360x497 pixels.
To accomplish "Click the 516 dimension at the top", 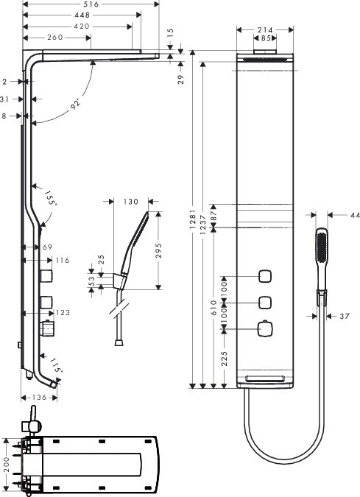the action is coord(91,4).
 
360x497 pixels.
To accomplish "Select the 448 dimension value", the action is coord(82,15).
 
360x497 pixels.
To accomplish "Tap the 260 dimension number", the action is coord(55,38).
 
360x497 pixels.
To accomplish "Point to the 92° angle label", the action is coord(76,104).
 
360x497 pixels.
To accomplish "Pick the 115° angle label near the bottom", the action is coord(57,365).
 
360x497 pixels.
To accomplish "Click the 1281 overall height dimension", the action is coord(192,219).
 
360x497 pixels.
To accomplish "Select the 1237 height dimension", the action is coord(203,225).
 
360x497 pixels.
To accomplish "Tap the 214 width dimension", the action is coord(265,29).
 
